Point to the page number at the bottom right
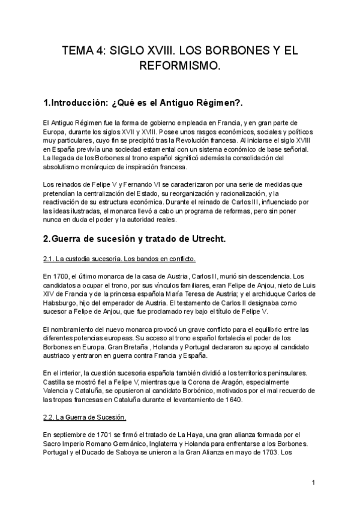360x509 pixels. pyautogui.click(x=313, y=482)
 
